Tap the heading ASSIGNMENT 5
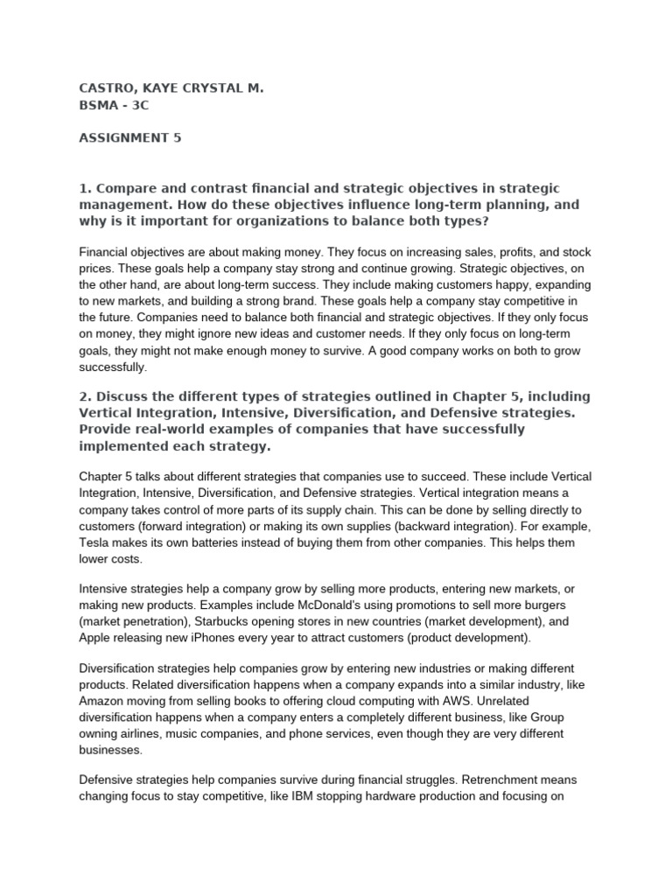click(129, 137)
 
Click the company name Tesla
click(98, 542)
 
